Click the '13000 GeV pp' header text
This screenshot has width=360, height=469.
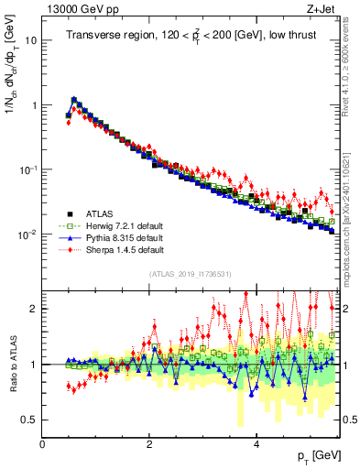[x=76, y=9]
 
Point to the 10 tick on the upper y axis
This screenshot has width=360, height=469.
[x=32, y=41]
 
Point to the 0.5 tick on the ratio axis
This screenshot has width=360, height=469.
[x=30, y=420]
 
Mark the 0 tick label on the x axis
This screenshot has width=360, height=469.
[x=42, y=443]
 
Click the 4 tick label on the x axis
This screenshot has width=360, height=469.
[x=256, y=443]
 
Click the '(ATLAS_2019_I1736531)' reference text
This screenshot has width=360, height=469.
[x=190, y=274]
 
